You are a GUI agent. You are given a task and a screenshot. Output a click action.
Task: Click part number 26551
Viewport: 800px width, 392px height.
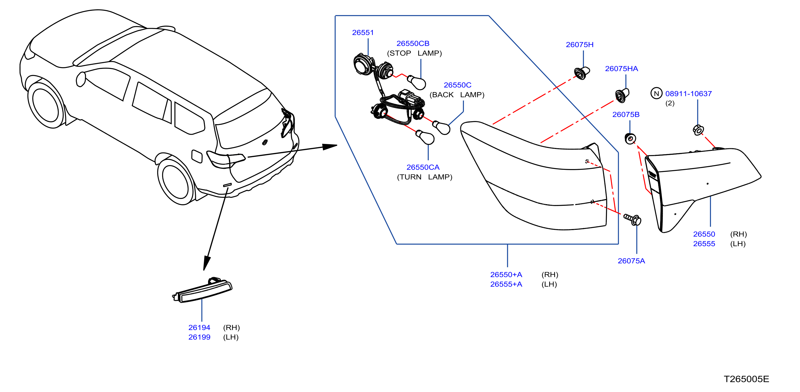[x=363, y=32]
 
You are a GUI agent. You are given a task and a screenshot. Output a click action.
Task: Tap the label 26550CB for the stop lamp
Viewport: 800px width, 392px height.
[x=413, y=44]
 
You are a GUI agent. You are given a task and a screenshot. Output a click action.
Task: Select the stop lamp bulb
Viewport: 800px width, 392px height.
[x=416, y=82]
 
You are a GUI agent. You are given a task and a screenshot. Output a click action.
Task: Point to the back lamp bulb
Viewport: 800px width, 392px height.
[x=441, y=127]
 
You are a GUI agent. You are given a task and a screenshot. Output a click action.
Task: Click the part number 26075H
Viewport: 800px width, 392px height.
[x=580, y=45]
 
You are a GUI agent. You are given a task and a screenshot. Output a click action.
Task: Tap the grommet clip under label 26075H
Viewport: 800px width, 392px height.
[x=582, y=73]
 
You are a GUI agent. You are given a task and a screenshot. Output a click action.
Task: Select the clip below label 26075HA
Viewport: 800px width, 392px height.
[x=622, y=95]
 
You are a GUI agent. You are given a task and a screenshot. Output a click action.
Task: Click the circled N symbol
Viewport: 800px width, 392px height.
[x=656, y=94]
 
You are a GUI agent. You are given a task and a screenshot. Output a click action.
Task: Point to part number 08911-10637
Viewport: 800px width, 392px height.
[x=688, y=94]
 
